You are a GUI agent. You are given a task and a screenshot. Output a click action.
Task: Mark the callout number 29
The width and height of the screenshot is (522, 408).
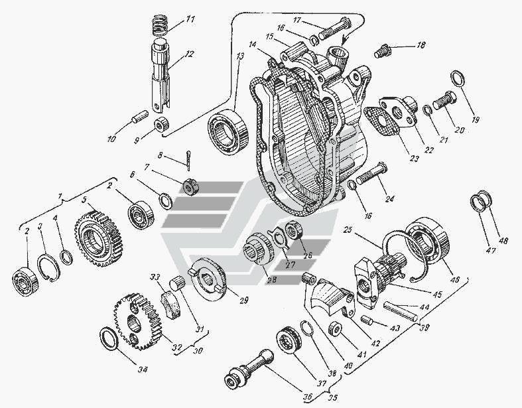pos(243,301)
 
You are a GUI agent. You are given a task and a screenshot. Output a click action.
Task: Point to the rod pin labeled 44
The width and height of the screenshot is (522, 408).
pos(401,310)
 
